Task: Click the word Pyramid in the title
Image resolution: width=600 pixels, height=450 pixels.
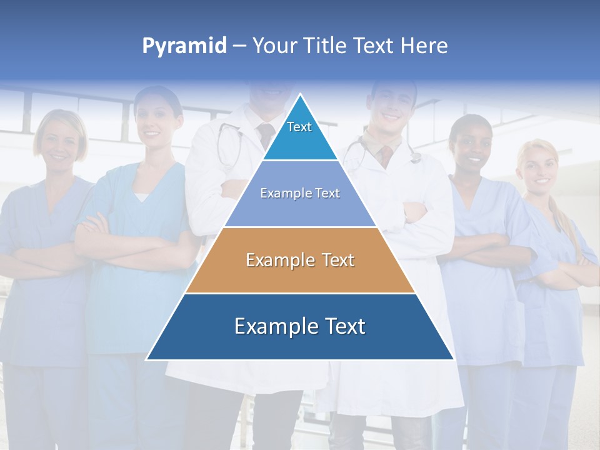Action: pyautogui.click(x=184, y=46)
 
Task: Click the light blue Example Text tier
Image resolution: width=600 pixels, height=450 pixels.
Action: pyautogui.click(x=300, y=194)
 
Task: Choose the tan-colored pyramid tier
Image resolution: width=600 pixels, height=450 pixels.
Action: pyautogui.click(x=300, y=261)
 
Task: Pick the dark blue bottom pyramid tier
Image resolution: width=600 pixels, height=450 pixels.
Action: pyautogui.click(x=300, y=327)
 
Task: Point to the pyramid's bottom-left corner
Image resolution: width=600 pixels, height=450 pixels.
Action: pyautogui.click(x=147, y=359)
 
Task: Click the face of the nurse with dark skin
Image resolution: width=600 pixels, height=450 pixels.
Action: pyautogui.click(x=470, y=147)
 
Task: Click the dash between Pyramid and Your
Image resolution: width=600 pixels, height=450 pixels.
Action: pyautogui.click(x=239, y=46)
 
